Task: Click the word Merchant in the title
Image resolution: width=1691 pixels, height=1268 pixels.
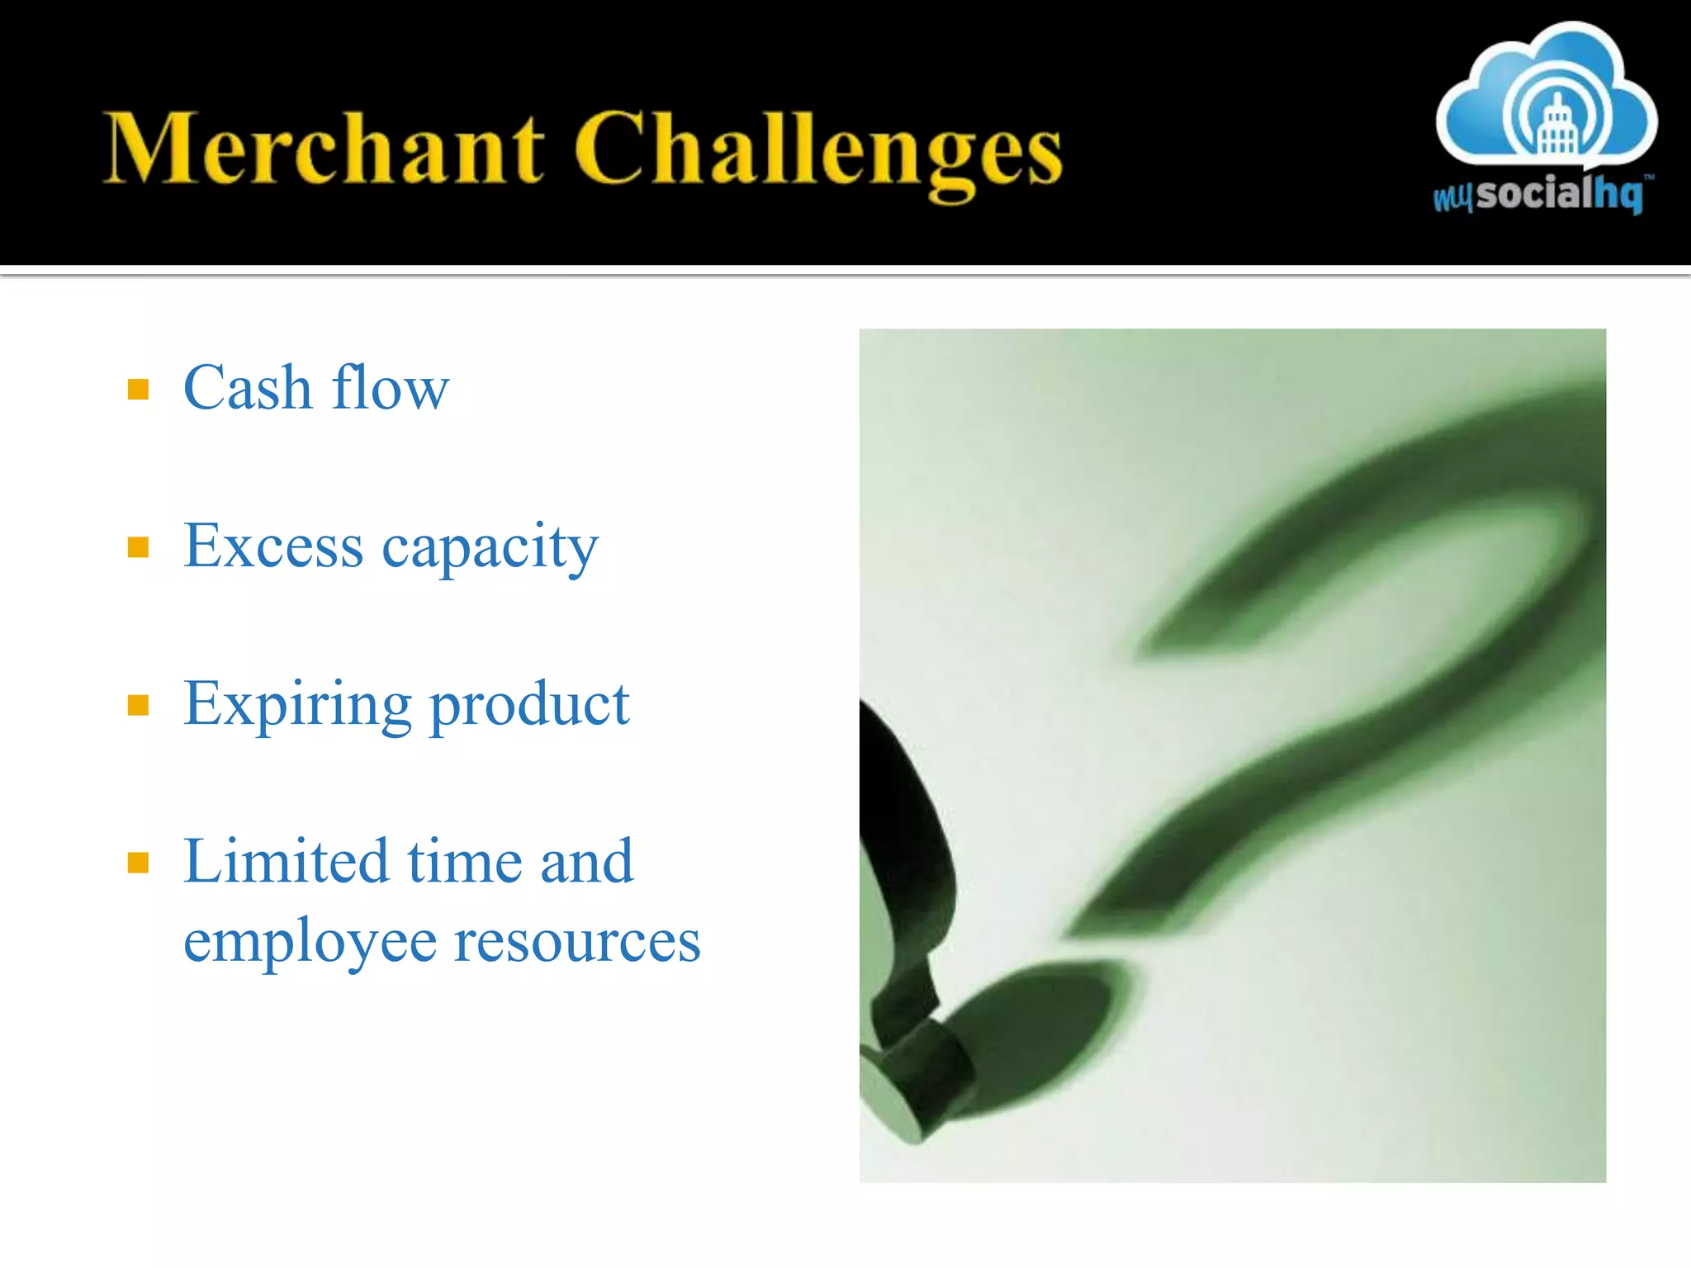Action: click(x=324, y=149)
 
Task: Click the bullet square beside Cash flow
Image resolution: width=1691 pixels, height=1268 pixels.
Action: click(x=138, y=389)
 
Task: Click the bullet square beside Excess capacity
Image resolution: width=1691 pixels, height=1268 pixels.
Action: click(x=138, y=546)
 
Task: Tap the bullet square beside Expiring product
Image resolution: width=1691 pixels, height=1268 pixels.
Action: click(x=138, y=705)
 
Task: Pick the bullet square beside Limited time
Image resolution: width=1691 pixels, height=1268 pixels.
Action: click(x=138, y=863)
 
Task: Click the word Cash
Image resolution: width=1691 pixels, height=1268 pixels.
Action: click(x=247, y=387)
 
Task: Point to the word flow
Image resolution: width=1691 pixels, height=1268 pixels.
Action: click(x=390, y=387)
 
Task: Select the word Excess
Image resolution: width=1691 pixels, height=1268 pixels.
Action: click(x=272, y=546)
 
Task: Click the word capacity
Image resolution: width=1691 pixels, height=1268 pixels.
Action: click(x=490, y=549)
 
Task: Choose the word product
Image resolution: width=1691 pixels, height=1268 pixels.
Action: click(x=529, y=706)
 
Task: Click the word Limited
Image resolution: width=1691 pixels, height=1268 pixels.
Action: click(x=286, y=862)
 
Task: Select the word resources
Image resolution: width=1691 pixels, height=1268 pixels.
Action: click(x=577, y=941)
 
